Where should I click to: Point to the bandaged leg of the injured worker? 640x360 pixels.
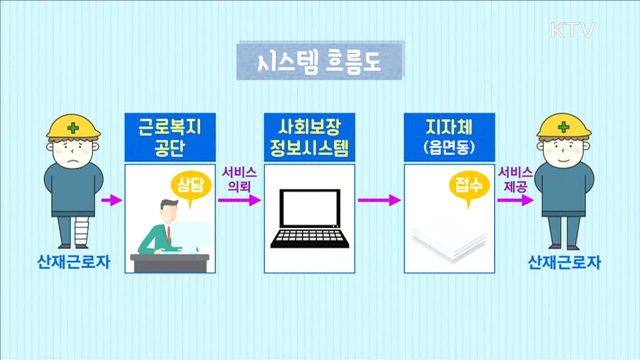pyautogui.click(x=59, y=231)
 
